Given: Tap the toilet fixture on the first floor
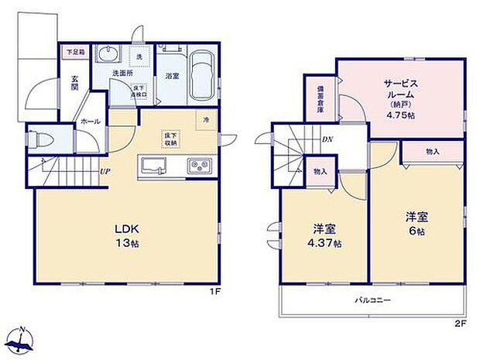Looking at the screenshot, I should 41,141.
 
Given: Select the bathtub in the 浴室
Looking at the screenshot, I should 203,74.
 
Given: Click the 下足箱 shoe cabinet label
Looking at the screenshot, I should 74,53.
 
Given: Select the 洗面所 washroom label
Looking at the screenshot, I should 117,74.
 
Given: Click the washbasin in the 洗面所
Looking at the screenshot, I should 107,54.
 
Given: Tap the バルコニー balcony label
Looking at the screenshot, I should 373,300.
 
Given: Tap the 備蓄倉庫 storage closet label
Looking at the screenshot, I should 320,99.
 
